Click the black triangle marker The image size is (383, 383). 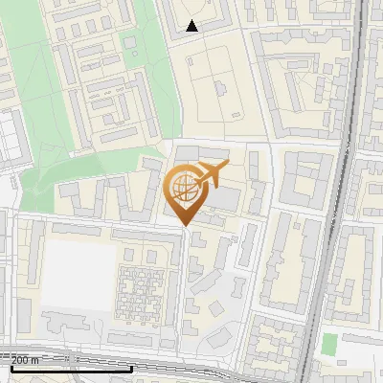click(x=192, y=26)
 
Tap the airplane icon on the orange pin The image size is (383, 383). click(x=210, y=174)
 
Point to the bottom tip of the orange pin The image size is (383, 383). click(x=186, y=225)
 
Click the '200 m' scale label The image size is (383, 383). click(x=26, y=359)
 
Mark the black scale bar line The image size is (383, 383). click(x=72, y=367)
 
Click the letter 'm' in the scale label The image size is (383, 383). click(x=35, y=359)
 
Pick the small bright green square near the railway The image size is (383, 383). click(x=330, y=344)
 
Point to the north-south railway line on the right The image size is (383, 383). click(x=335, y=191)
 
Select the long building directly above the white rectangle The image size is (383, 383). click(x=77, y=231)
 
